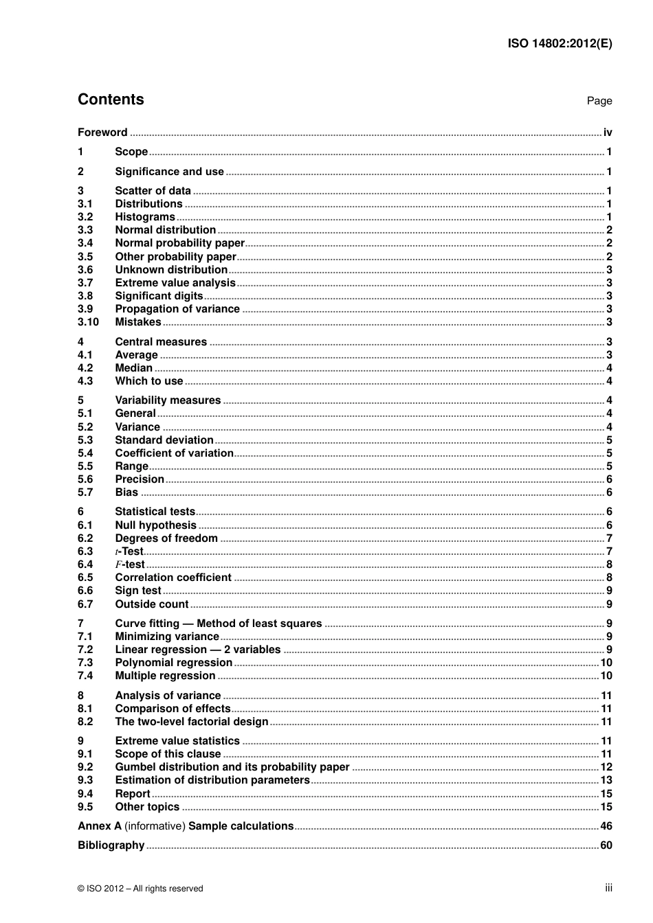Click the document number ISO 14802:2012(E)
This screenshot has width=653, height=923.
tap(560, 43)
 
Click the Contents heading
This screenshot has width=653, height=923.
tap(111, 100)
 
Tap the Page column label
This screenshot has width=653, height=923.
tap(599, 101)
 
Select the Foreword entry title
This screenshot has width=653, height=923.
tap(102, 133)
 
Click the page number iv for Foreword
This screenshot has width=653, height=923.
tap(608, 133)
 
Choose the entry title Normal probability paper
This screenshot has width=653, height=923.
tap(179, 243)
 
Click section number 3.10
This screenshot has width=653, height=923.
tap(88, 322)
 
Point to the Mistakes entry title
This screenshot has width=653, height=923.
tap(138, 322)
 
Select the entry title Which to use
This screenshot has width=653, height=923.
tap(149, 381)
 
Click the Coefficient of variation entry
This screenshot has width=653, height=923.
tap(174, 453)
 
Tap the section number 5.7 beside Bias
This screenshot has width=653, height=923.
tap(85, 492)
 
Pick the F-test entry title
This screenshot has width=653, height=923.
tap(130, 565)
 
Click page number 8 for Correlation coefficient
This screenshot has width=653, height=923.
tap(609, 578)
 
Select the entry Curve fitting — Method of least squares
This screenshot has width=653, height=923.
tap(218, 624)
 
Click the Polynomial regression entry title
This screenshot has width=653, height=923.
tap(173, 663)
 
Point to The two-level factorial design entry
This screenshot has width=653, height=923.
tap(191, 722)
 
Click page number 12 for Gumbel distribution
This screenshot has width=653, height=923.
tap(606, 767)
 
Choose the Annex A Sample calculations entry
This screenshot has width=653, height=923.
tap(186, 826)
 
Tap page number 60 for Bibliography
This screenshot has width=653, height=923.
tap(606, 845)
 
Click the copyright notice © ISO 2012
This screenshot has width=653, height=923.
tap(140, 889)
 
